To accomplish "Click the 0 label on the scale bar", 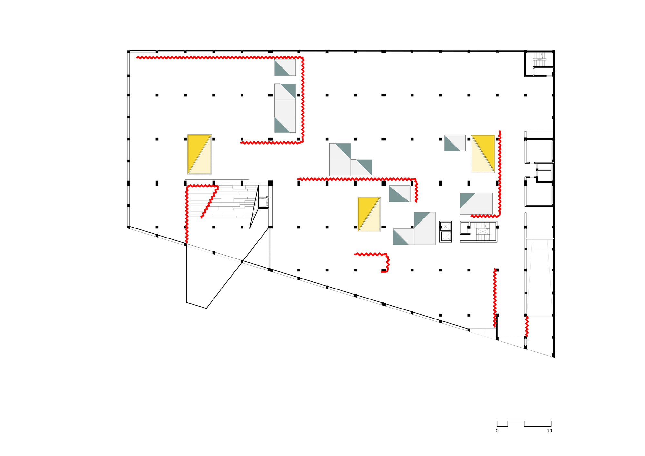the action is (x=497, y=431).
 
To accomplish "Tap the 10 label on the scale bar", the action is (x=549, y=431).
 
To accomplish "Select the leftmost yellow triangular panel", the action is (x=199, y=154).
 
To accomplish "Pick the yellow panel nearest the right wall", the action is (x=483, y=154).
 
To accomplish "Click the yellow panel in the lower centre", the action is (x=369, y=214).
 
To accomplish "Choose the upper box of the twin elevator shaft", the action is (x=445, y=226).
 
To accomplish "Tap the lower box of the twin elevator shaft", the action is (x=445, y=237).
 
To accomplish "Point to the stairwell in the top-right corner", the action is (x=539, y=63).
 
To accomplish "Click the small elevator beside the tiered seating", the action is (x=263, y=202).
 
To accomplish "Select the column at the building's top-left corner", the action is (x=128, y=52).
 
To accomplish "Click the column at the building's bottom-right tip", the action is (x=553, y=355).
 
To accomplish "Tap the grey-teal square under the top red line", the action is (x=285, y=67).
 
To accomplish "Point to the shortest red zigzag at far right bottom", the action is (x=527, y=326).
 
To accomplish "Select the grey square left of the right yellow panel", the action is (x=455, y=143).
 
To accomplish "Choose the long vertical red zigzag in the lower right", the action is (x=495, y=297).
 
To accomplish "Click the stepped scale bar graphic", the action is (x=524, y=423).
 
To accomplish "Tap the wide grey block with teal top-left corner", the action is (x=476, y=203).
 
